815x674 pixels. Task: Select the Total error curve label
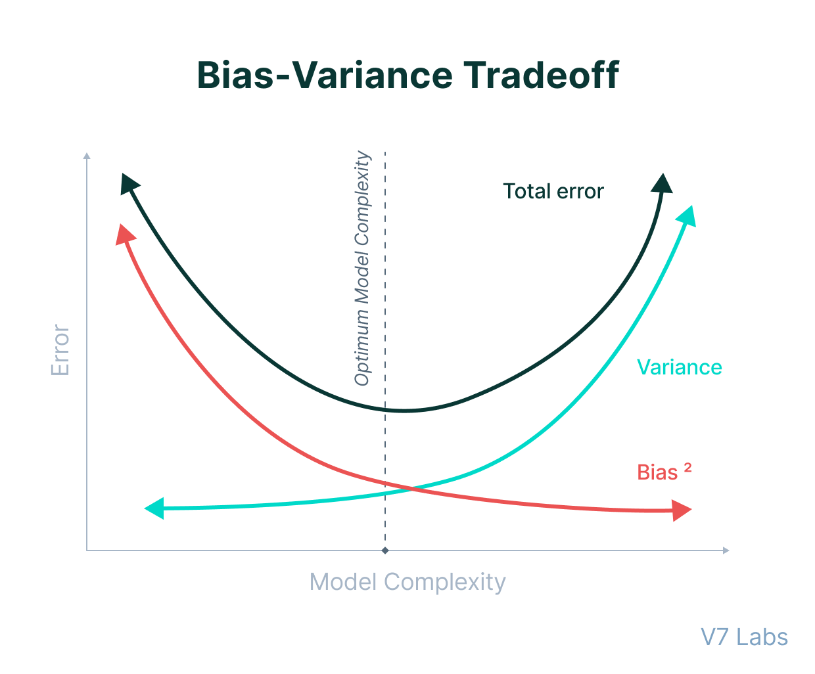pos(553,191)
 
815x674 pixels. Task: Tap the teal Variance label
pos(679,367)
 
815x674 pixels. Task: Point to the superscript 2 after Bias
pos(687,468)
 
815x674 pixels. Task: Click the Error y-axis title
pos(60,349)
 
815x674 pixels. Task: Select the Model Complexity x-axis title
pos(407,582)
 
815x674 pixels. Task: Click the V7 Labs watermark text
pos(744,637)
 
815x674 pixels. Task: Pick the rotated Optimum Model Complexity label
pos(362,269)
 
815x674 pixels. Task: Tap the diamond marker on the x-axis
pos(385,550)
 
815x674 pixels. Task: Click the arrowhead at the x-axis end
pos(726,550)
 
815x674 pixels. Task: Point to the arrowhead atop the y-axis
pos(87,156)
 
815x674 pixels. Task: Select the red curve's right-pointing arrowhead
pos(682,510)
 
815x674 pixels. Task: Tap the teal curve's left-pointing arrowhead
pos(154,508)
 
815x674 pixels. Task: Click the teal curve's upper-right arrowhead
pos(686,215)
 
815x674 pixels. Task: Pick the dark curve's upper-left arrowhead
pos(129,183)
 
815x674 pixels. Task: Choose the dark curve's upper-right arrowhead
pos(663,183)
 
